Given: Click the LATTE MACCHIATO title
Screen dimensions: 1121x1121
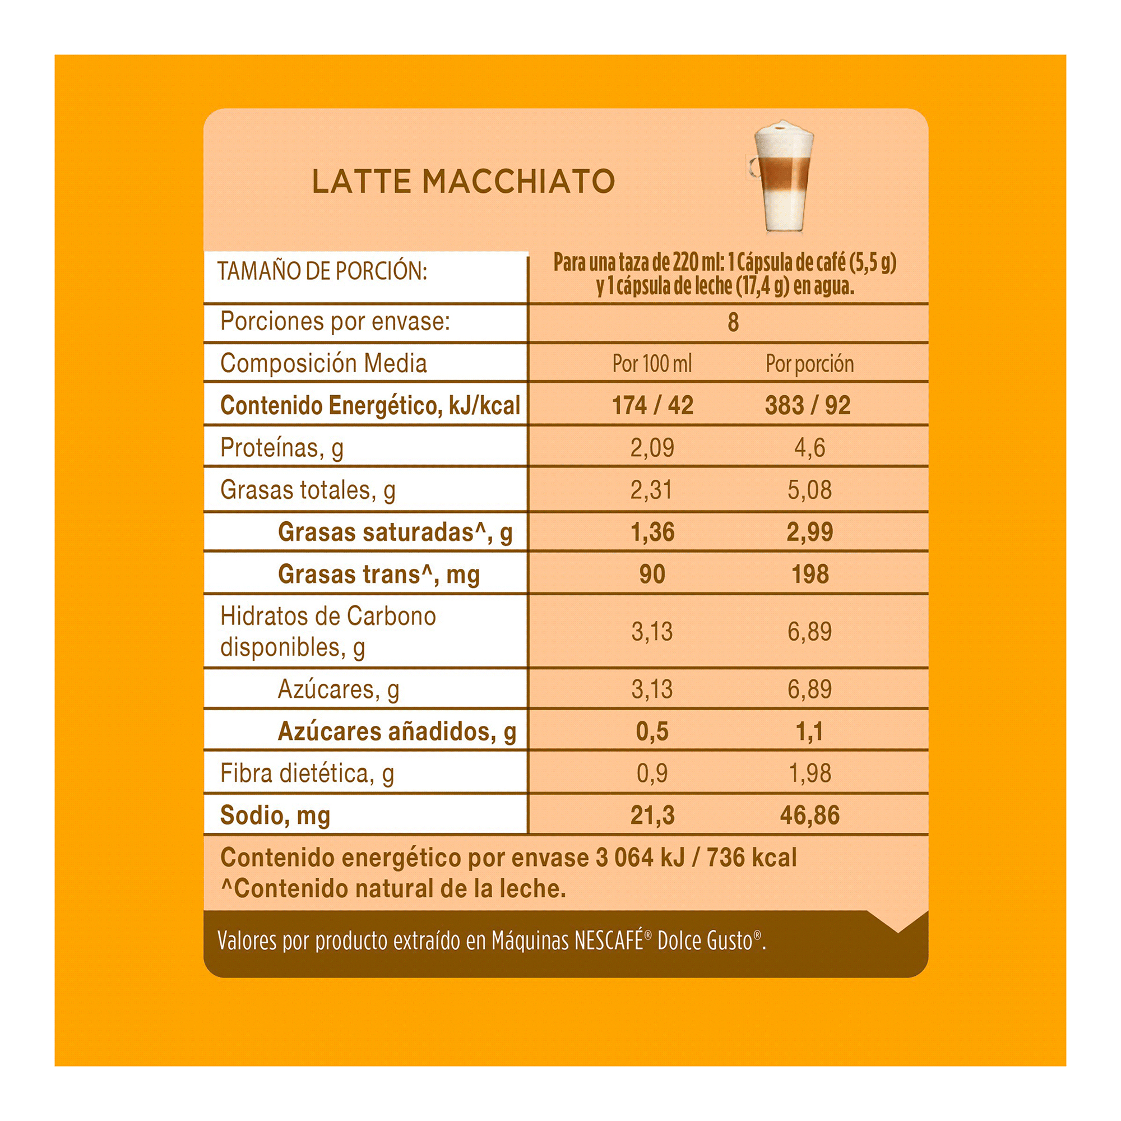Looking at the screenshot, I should coord(463,181).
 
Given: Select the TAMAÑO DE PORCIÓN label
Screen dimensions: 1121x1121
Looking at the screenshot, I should coord(322,271).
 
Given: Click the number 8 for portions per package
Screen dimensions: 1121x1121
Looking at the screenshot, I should coord(733,323).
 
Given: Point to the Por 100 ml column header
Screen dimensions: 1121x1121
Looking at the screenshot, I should coord(652,364).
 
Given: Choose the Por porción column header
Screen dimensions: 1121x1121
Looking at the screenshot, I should coord(809,364).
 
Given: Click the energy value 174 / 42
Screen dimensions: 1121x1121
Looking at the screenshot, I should coord(652,405).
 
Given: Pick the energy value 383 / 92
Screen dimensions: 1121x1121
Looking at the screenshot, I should coord(808,405).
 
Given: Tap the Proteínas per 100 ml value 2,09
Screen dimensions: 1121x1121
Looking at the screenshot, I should coord(652,447).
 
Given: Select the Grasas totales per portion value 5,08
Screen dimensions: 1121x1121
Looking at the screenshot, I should coord(809,490).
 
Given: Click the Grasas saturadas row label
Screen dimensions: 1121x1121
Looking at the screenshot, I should coord(395,532).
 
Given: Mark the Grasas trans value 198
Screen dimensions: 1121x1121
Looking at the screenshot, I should coord(810,574).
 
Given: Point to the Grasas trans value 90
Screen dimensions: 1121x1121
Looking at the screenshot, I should coord(652,574).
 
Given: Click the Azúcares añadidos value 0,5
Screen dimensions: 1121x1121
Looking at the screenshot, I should coord(652,731).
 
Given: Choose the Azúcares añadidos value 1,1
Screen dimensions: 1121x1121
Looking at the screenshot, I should coord(809,731).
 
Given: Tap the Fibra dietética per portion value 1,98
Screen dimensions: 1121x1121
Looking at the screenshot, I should coord(809,773).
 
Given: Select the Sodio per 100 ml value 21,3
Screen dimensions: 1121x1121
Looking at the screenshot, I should coord(652,815).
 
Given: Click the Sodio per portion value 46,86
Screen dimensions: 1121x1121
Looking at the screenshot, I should coord(809,815).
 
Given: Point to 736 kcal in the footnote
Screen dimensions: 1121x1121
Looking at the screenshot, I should coord(752,858).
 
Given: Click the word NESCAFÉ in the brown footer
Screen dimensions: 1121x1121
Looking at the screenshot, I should coord(609,941).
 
